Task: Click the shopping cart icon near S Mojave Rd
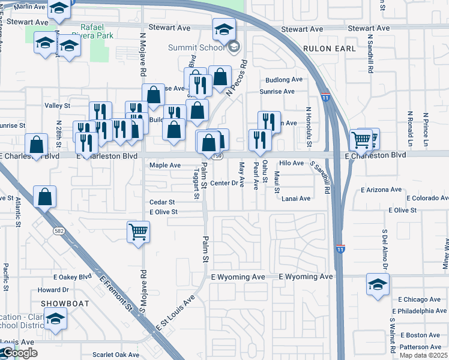(x=138, y=232)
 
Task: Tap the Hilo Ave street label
(x=292, y=163)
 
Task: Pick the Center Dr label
(x=224, y=183)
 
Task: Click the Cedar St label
(x=162, y=202)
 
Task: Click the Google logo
(x=19, y=353)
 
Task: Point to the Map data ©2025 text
(x=424, y=355)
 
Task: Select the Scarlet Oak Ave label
(x=116, y=355)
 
